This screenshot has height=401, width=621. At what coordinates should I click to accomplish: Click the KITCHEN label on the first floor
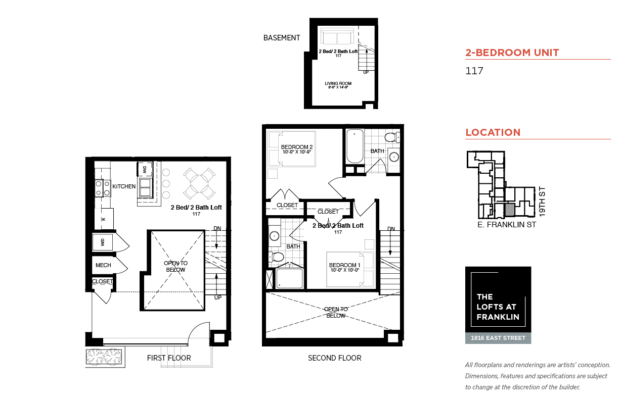click(124, 187)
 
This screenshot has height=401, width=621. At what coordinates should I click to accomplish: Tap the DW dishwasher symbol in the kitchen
click(145, 169)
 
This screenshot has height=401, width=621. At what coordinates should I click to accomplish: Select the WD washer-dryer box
click(102, 242)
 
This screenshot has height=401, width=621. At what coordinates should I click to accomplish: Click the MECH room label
click(103, 265)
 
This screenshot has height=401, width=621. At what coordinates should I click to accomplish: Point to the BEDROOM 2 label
click(297, 149)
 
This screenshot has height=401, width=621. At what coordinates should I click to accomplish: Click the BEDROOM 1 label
click(344, 267)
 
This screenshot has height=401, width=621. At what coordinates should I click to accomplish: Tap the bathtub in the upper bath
click(355, 146)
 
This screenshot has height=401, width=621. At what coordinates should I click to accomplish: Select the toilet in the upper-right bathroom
click(392, 137)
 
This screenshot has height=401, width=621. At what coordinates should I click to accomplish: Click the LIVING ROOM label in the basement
click(338, 85)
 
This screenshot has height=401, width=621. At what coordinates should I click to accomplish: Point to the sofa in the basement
click(337, 36)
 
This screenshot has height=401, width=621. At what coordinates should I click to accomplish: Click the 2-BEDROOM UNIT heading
click(512, 53)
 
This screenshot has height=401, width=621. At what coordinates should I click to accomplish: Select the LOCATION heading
click(493, 132)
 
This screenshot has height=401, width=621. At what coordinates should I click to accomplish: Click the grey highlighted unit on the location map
click(510, 210)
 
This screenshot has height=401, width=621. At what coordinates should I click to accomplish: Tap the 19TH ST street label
click(542, 202)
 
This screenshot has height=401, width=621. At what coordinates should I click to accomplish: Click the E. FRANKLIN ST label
click(507, 225)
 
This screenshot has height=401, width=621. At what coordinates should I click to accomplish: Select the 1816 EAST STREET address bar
click(498, 338)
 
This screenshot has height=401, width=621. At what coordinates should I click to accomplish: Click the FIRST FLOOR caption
click(169, 358)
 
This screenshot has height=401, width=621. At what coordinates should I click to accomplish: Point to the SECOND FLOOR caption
click(335, 358)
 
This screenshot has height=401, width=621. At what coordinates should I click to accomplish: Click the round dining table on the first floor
click(199, 183)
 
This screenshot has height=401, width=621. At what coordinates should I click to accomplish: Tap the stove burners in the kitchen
click(103, 188)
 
